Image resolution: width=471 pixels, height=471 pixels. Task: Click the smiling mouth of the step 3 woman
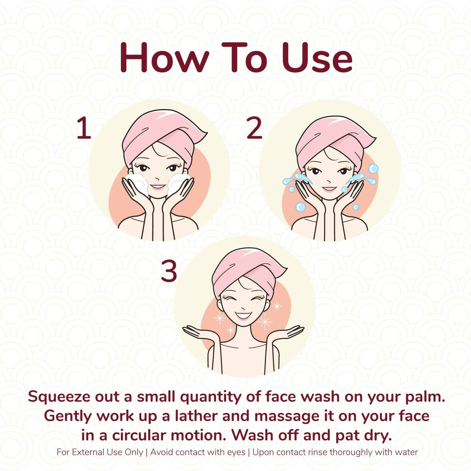[x=244, y=315]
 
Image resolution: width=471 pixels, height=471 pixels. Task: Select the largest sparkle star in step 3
[x=265, y=322]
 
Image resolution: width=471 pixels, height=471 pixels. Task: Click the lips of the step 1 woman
[x=157, y=187]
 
